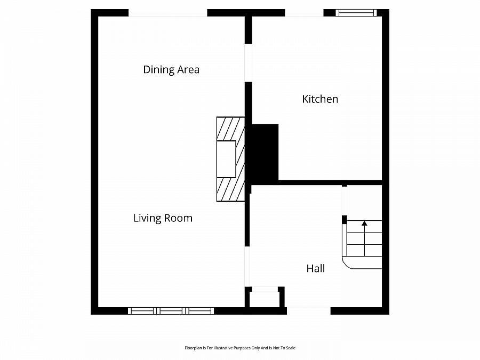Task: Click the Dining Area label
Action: click(x=171, y=70)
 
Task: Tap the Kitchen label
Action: click(x=320, y=99)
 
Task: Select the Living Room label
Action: click(x=163, y=218)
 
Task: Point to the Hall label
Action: click(x=316, y=268)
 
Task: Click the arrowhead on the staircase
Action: click(x=364, y=223)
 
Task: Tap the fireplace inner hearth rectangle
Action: click(x=226, y=159)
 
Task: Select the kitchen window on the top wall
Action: click(x=356, y=13)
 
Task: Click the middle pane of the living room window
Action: click(x=171, y=311)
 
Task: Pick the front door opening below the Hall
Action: click(x=309, y=311)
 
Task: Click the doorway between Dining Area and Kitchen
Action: click(x=248, y=63)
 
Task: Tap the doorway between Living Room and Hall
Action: click(x=247, y=267)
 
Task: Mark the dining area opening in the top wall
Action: click(x=168, y=13)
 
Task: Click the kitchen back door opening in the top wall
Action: click(x=305, y=13)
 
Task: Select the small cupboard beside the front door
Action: click(x=265, y=299)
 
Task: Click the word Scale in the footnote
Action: click(x=291, y=348)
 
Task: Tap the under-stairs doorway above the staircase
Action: click(x=345, y=201)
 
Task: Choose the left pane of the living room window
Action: click(x=142, y=311)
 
